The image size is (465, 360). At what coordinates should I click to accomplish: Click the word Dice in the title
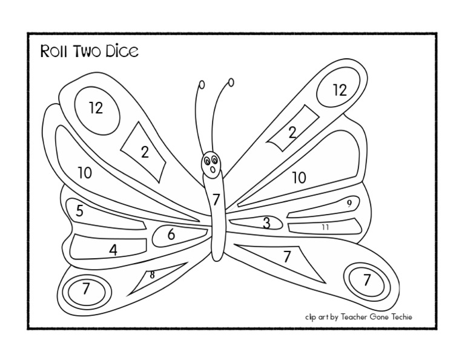tap(124, 51)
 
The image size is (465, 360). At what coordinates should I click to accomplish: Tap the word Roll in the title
tap(52, 51)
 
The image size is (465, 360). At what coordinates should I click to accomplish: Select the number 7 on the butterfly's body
tap(216, 199)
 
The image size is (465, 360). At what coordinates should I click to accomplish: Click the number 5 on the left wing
tap(79, 211)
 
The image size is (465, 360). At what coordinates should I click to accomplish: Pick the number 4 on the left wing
tap(113, 250)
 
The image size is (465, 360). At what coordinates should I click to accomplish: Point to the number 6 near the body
tap(171, 235)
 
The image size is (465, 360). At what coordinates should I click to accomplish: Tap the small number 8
tap(152, 275)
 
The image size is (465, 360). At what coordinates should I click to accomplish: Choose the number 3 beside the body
tap(266, 223)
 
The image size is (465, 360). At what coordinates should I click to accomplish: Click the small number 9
tap(349, 204)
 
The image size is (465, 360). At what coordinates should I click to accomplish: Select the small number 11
tap(325, 227)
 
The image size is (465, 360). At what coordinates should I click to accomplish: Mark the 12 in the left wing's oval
tap(96, 108)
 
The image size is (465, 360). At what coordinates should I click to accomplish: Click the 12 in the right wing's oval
tap(340, 90)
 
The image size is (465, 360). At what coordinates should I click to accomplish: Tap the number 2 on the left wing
tap(145, 152)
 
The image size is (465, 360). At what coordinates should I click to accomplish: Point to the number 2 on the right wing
tap(292, 133)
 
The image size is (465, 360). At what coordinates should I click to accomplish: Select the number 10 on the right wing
tap(299, 178)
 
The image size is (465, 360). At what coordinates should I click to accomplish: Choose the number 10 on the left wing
tap(85, 173)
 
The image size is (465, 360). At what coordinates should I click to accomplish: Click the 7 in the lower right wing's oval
tap(366, 280)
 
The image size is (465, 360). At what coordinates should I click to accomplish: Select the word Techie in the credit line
tap(399, 316)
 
